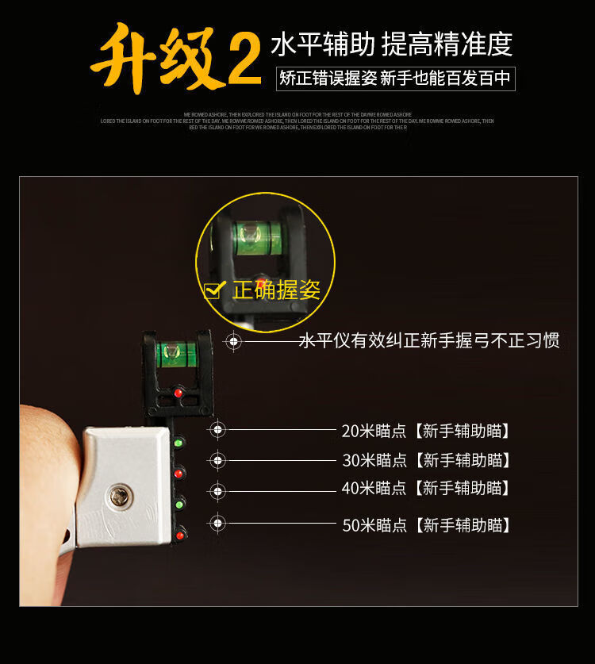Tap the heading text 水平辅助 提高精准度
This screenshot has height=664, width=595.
click(391, 44)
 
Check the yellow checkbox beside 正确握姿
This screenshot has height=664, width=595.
click(214, 290)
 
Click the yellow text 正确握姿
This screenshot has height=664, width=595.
click(276, 290)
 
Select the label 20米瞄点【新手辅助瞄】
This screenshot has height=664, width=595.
click(425, 431)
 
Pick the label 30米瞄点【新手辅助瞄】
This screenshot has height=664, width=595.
click(425, 460)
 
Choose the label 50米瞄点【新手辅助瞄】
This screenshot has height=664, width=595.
click(425, 524)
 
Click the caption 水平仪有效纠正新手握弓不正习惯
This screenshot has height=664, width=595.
click(428, 341)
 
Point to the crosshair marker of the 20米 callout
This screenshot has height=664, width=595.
click(218, 430)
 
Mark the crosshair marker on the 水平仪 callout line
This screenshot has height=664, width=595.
click(233, 341)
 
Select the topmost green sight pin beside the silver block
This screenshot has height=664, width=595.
click(179, 443)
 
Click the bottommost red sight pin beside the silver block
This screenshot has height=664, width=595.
click(180, 535)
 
